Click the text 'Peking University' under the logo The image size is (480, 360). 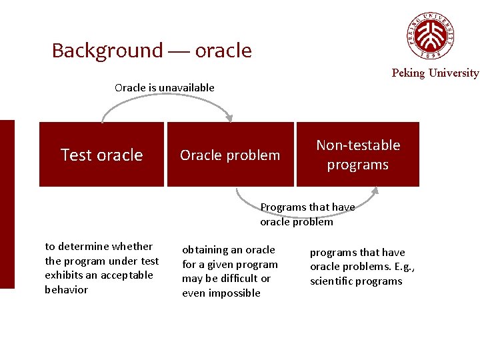(x=435, y=73)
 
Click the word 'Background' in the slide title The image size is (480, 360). (x=107, y=51)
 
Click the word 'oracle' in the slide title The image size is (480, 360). (x=223, y=51)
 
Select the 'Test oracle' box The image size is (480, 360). (x=101, y=155)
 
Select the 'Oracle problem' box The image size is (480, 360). (x=230, y=155)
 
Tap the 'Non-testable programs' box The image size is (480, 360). (x=358, y=155)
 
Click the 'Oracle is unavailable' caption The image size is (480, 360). (x=165, y=87)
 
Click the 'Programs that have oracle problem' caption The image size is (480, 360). (x=307, y=215)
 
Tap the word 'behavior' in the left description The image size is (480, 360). (x=66, y=290)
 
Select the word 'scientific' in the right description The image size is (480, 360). (x=333, y=281)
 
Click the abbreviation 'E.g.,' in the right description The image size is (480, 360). (x=402, y=267)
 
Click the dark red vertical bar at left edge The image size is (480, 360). (x=7, y=204)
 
